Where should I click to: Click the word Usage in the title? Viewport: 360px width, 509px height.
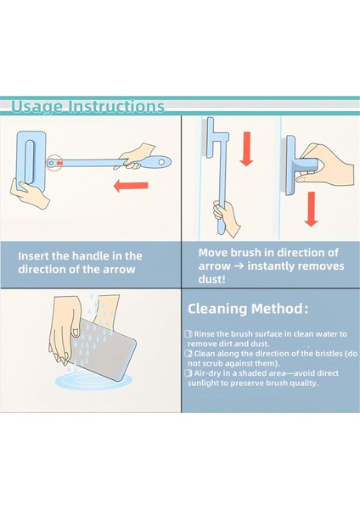coord(37,107)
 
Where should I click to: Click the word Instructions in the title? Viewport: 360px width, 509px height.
coord(116,106)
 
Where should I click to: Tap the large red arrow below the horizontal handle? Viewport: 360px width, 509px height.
coord(131,186)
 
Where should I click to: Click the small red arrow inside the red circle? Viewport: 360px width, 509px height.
coord(59,162)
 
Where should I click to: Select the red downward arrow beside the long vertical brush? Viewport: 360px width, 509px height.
coord(246,148)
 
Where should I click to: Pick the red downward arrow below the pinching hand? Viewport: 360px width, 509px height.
coord(312,209)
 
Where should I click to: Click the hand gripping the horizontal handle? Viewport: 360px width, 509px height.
coord(134,156)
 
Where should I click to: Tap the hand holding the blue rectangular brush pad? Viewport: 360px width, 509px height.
coord(29,193)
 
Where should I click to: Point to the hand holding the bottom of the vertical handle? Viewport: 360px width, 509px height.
coord(227,218)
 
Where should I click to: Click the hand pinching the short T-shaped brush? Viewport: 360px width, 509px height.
coord(326,165)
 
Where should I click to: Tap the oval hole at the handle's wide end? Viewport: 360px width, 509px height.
coord(161,161)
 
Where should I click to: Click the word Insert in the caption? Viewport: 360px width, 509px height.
coord(33,256)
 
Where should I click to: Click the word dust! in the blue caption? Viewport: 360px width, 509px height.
coord(212,279)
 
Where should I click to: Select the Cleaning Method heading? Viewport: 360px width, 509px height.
coord(248,309)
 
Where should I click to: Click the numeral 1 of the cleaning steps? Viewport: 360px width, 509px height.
coord(188,333)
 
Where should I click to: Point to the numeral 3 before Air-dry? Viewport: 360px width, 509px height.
coord(188,373)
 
